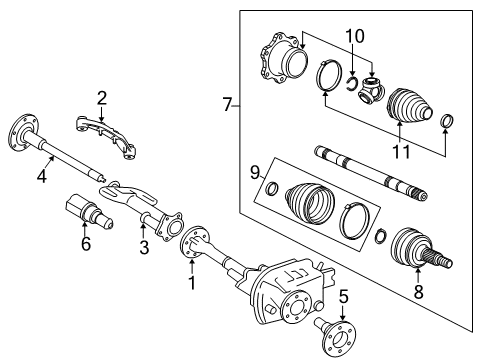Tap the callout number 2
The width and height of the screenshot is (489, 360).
[x=102, y=97]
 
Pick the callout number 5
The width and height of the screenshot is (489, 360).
[x=344, y=295]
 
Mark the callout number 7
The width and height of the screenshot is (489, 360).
[x=227, y=104]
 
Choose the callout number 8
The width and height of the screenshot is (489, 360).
[x=419, y=295]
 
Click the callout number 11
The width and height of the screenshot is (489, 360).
[x=400, y=153]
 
